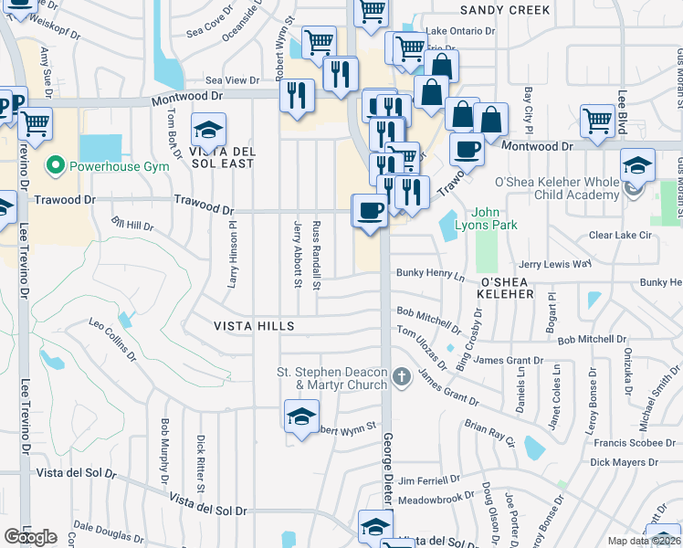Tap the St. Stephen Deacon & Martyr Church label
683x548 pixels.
click(332, 377)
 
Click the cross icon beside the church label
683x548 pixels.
click(400, 376)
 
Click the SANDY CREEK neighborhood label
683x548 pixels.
click(505, 10)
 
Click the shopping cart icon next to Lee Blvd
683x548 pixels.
click(597, 120)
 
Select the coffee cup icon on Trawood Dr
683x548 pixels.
click(370, 210)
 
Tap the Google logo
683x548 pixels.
click(30, 537)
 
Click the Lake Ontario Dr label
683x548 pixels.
click(460, 30)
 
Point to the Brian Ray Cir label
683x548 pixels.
click(489, 432)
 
